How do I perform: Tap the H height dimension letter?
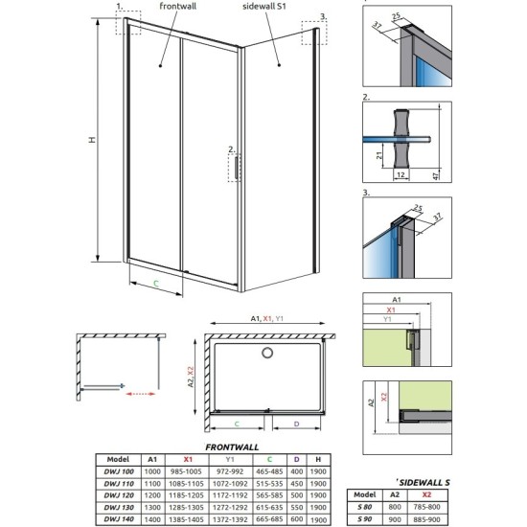(x=92, y=140)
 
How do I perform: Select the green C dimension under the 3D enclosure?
(x=156, y=284)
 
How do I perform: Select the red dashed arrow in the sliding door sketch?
(x=141, y=390)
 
